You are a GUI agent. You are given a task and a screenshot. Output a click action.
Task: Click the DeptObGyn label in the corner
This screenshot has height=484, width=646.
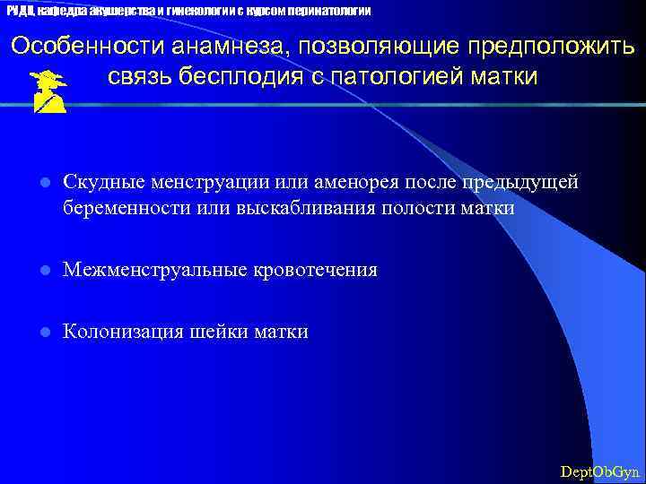coord(599,471)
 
